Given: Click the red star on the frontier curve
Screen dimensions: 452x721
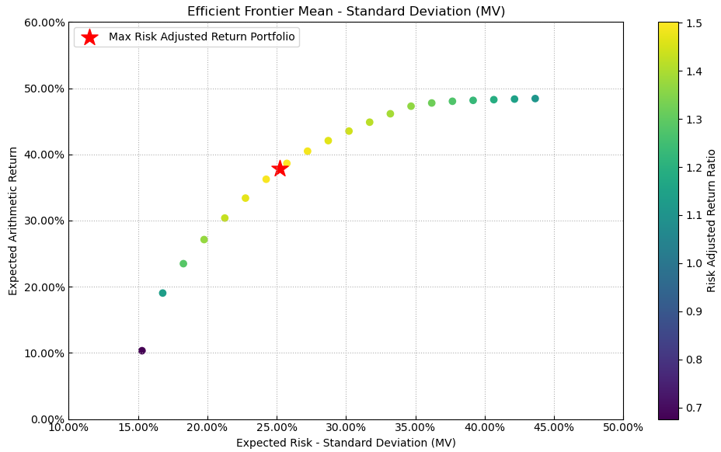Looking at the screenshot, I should click(x=280, y=169).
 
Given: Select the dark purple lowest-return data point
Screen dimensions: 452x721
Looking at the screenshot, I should click(x=142, y=351).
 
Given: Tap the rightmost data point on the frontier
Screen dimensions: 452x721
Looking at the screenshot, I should click(x=535, y=99).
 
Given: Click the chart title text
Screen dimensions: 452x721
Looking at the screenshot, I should click(x=346, y=12).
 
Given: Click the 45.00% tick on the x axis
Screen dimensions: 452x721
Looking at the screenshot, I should click(x=553, y=427).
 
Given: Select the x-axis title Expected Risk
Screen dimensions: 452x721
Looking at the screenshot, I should click(x=346, y=443).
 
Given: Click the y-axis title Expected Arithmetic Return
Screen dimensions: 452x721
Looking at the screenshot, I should click(x=13, y=221).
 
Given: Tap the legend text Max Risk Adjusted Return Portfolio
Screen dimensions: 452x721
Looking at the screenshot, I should click(x=202, y=37).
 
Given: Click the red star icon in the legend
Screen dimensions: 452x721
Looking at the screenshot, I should click(x=89, y=37).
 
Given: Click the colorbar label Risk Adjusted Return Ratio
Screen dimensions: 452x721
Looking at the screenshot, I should click(x=711, y=221).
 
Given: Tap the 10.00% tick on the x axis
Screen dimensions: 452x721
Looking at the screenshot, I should click(x=68, y=427).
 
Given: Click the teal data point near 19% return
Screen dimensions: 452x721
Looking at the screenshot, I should click(x=162, y=294).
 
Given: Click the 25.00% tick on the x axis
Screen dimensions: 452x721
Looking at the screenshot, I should click(x=276, y=427).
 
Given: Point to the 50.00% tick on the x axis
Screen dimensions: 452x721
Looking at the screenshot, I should click(x=622, y=427).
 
